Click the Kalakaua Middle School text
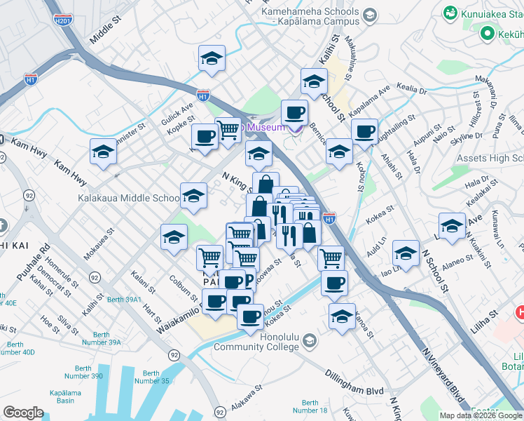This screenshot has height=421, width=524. (128, 199)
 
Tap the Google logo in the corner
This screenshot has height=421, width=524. (23, 413)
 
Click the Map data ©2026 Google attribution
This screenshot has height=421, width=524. (481, 415)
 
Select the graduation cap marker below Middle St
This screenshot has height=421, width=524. (212, 60)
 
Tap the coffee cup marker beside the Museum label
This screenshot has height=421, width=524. (294, 112)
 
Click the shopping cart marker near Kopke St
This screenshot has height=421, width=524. (228, 130)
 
